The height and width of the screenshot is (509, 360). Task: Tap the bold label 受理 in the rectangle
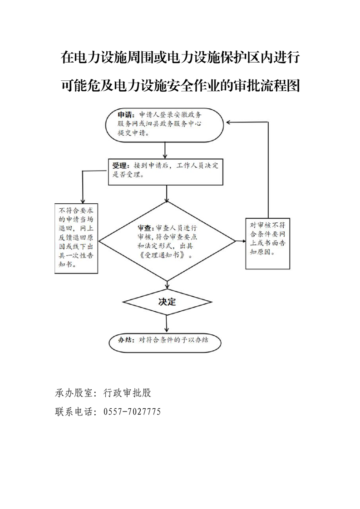(x=119, y=166)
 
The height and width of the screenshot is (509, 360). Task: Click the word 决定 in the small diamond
(x=167, y=302)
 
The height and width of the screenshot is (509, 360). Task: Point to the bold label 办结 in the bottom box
(x=125, y=340)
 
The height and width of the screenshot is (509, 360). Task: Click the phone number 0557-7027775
(x=132, y=411)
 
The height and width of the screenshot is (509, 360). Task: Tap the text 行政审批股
(x=128, y=393)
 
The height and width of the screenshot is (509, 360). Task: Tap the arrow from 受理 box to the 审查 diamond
(x=167, y=193)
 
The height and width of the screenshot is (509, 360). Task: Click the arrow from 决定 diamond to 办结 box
(x=167, y=323)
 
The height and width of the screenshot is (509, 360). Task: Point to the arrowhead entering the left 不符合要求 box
(x=83, y=201)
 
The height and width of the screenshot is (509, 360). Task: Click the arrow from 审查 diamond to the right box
(x=241, y=241)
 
